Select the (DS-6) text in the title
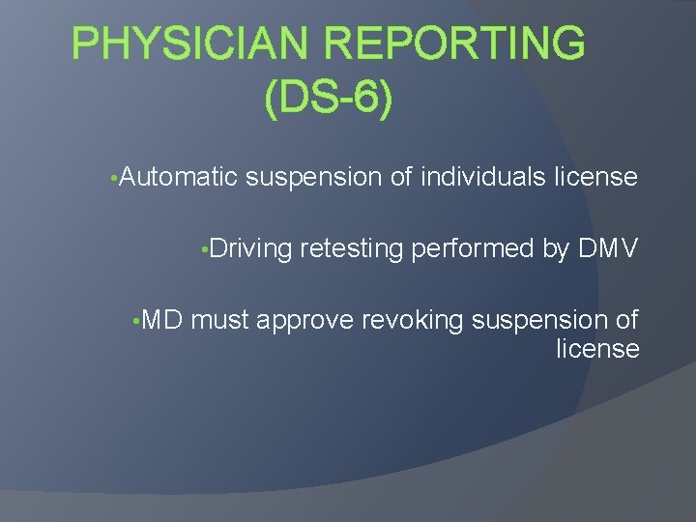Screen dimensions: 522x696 [328, 100]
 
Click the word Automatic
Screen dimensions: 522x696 [180, 177]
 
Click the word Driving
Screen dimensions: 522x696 [250, 248]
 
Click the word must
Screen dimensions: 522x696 [221, 321]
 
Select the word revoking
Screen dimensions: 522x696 [412, 321]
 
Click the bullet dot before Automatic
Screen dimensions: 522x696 [115, 179]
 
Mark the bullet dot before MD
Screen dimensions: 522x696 [138, 322]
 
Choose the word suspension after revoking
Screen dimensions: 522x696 [543, 321]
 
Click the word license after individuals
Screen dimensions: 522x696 [596, 177]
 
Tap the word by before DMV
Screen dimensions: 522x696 [555, 249]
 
